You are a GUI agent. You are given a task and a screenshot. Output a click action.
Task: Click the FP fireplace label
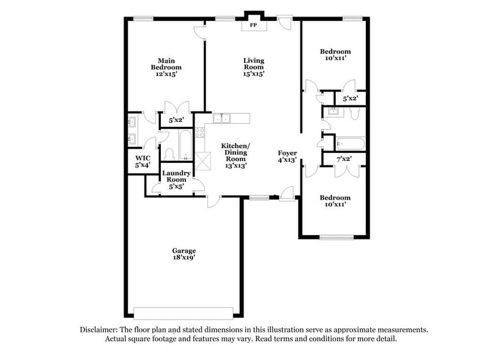(x=253, y=26)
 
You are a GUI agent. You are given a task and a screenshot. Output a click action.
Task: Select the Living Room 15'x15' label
(x=253, y=67)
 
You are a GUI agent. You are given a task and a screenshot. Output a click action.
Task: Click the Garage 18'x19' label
(x=184, y=254)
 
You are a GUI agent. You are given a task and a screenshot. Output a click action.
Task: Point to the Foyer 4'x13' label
(x=287, y=156)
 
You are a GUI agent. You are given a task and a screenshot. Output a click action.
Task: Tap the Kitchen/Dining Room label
(x=236, y=155)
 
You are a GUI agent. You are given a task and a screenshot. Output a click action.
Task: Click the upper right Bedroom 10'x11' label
(x=335, y=54)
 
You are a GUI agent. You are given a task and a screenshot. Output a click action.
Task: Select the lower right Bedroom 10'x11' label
(x=335, y=201)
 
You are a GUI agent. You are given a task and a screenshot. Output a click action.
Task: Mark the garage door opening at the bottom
(x=184, y=309)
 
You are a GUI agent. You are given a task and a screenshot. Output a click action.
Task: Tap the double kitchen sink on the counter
(x=221, y=118)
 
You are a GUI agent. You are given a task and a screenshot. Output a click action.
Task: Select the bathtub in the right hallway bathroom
(x=350, y=144)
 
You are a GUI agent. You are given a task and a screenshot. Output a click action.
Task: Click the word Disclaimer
(x=100, y=329)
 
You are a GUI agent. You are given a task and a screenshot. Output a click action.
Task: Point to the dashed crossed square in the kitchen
(x=203, y=160)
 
